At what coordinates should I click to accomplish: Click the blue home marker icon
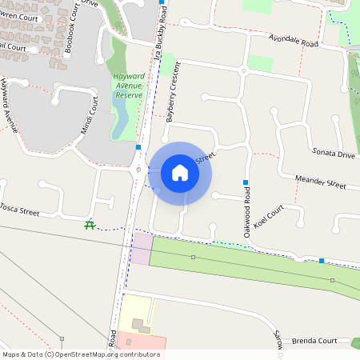180,173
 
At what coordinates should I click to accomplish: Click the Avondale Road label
294,42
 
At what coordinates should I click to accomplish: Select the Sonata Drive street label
334,152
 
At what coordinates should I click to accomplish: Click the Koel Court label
268,220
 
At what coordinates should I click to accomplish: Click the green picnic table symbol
90,226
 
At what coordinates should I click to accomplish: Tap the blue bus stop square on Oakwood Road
246,182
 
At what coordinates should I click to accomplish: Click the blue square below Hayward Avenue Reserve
138,147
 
